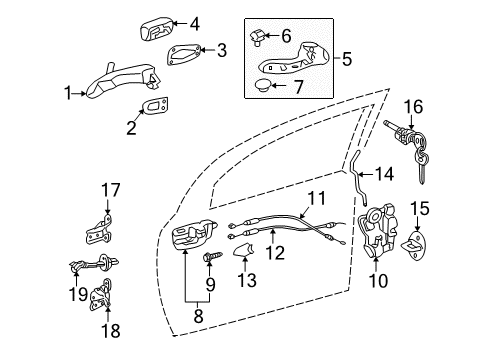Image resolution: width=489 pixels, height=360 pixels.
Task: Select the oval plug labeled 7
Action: click(265, 87)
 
